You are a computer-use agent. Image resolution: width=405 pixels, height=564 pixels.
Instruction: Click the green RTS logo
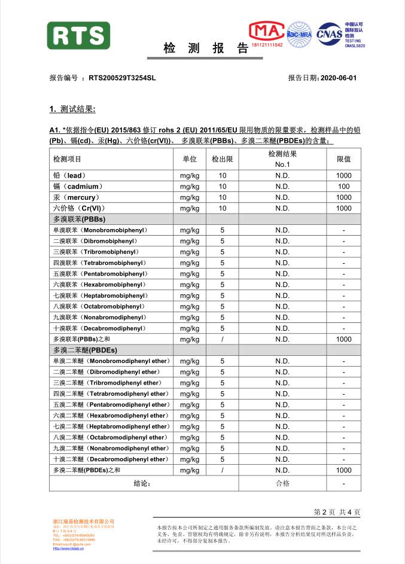tap(78, 35)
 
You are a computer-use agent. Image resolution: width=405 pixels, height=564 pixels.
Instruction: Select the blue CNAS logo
tap(330, 33)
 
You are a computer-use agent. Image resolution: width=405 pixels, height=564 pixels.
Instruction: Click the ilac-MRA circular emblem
tap(299, 33)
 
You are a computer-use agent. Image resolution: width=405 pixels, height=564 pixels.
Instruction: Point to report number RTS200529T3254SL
tap(122, 78)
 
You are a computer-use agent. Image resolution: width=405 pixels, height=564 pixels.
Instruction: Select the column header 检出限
tap(222, 159)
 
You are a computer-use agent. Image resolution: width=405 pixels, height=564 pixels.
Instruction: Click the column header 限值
tap(343, 159)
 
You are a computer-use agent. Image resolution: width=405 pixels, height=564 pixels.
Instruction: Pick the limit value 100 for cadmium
tap(343, 187)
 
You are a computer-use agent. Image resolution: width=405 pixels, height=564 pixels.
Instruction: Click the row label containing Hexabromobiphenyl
tap(99, 285)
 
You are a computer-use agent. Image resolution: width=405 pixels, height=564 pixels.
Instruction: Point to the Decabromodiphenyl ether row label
tap(111, 459)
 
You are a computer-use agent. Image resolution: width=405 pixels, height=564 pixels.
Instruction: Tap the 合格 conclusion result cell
tap(282, 483)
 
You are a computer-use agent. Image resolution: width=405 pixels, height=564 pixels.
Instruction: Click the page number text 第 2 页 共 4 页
tap(337, 512)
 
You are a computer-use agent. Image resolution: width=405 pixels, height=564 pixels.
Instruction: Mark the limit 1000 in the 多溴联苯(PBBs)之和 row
tap(343, 339)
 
